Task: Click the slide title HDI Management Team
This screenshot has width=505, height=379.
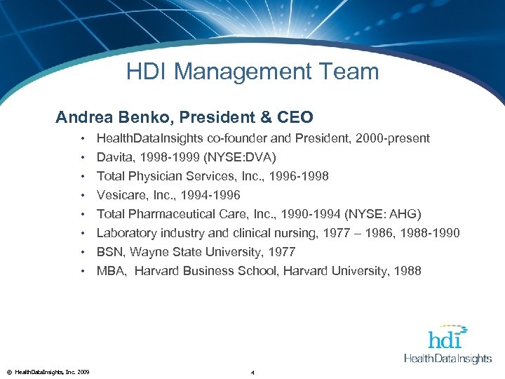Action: click(x=252, y=72)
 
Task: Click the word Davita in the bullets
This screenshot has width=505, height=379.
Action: click(x=114, y=157)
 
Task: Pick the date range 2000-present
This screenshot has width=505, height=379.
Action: click(x=391, y=138)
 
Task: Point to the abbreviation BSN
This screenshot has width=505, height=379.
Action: click(x=110, y=252)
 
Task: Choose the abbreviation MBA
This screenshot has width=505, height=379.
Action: click(x=111, y=271)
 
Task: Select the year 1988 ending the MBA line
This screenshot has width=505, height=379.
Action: click(x=408, y=271)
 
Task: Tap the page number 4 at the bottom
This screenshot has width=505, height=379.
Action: click(x=252, y=372)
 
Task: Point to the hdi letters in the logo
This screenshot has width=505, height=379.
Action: click(x=445, y=339)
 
